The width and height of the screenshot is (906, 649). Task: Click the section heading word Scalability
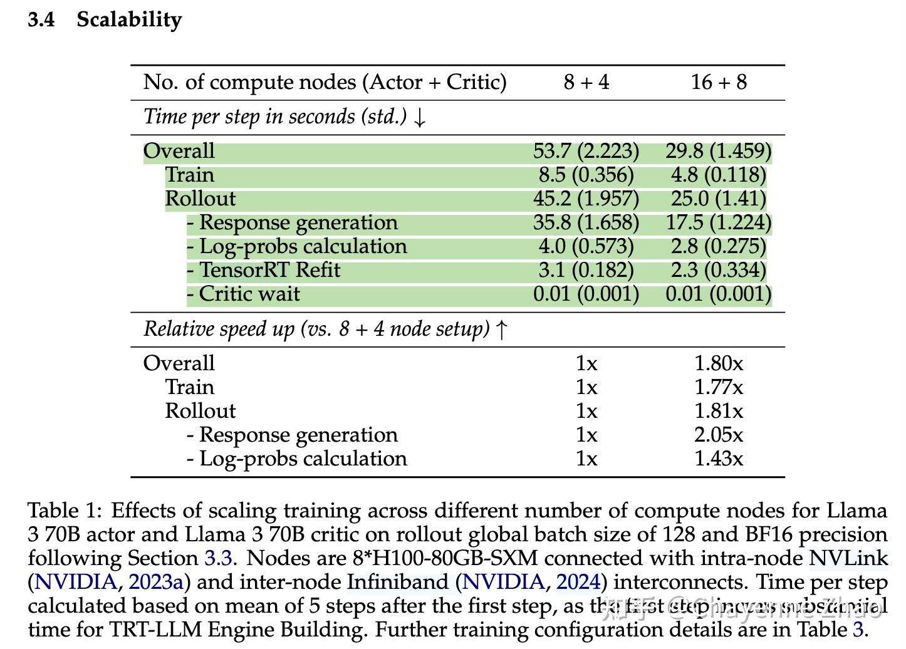point(129,20)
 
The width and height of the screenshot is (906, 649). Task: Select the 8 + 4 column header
point(586,82)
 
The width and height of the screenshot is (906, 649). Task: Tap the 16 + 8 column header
point(719,82)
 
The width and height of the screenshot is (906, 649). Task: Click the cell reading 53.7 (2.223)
point(586,151)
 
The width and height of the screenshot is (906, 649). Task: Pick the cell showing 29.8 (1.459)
point(719,151)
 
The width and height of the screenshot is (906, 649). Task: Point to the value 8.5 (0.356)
point(586,175)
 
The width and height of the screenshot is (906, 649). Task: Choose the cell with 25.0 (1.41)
point(719,199)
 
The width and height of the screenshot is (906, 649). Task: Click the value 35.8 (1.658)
point(586,222)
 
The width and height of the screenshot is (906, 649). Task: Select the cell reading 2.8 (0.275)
point(719,246)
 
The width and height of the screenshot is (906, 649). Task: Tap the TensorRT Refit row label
point(269,270)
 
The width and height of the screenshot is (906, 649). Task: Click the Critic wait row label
point(249,294)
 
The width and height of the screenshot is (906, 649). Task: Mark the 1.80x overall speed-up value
point(719,363)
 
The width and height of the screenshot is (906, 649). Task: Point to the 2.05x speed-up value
point(719,435)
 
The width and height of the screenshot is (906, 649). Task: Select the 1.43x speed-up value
point(719,459)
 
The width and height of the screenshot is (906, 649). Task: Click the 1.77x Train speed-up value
point(719,387)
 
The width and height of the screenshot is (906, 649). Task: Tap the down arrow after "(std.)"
point(420,118)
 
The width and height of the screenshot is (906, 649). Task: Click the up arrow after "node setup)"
point(501,330)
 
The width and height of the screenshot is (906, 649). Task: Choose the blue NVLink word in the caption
point(848,558)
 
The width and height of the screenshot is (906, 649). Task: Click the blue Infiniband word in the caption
point(397,582)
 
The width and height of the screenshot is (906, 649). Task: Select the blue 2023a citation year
point(155,582)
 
